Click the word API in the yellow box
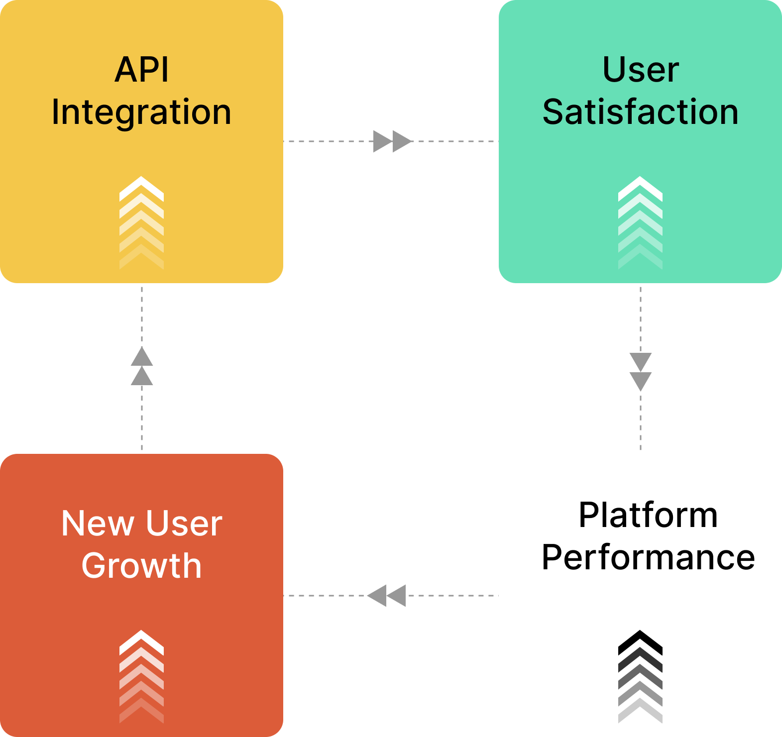142,70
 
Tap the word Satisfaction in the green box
640,112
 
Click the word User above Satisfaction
641,70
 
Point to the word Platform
648,515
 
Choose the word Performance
648,557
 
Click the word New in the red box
98,524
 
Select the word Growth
141,566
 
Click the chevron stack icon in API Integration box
142,223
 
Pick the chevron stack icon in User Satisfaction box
640,223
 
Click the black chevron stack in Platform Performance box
640,677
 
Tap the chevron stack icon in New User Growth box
142,677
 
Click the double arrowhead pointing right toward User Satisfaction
392,141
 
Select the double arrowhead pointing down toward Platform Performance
641,372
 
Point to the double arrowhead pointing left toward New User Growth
387,596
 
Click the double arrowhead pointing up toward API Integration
142,366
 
